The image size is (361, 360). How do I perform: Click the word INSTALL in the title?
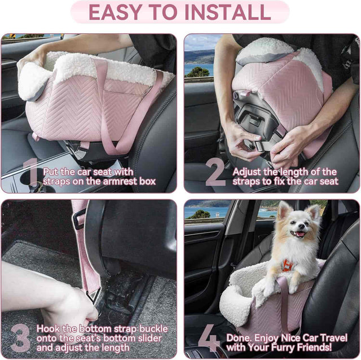(224, 12)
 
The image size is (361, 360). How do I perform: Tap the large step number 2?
(215, 172)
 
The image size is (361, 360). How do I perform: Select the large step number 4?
(209, 338)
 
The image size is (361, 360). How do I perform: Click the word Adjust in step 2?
(248, 172)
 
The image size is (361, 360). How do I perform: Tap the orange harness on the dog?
(288, 265)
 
